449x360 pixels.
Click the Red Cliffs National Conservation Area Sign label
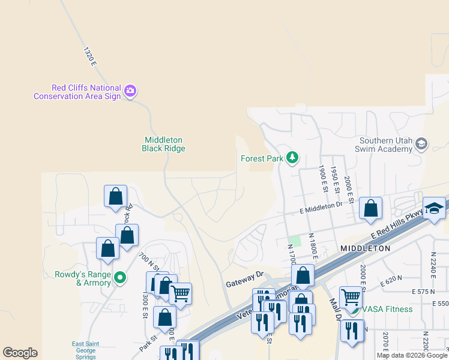coord(77,92)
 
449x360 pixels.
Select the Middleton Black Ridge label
coord(163,144)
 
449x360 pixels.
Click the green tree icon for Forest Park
coord(292,158)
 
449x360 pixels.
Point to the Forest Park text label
coord(261,159)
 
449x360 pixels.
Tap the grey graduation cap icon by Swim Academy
coord(421,143)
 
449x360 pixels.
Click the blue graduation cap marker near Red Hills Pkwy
coord(434,208)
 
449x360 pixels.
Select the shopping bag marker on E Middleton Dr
coord(371,209)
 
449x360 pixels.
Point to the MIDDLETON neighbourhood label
coord(365,248)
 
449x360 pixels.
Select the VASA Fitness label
coord(386,309)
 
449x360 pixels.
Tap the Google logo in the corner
coord(20,353)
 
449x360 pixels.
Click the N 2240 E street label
coord(433,265)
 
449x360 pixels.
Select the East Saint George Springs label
coord(83,350)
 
